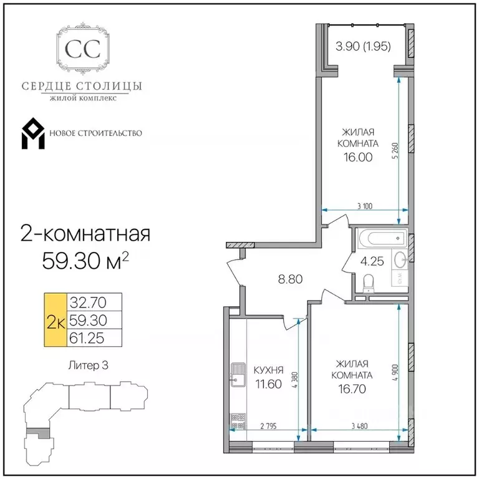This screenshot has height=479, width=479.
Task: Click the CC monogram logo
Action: coord(83,48)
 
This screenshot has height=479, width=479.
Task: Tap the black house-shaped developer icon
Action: coord(33,133)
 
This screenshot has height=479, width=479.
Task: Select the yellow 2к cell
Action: coord(56,320)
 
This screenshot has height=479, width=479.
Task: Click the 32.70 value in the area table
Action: coord(88,302)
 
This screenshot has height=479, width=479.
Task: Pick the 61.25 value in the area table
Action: coord(87,338)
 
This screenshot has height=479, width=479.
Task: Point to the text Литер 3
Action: coord(89,365)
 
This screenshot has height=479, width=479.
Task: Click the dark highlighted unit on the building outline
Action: coord(38,432)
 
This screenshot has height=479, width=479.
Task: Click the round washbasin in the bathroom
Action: coord(400,260)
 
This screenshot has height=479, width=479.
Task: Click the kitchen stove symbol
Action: coord(238,421)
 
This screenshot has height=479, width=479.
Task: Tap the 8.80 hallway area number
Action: coord(290,279)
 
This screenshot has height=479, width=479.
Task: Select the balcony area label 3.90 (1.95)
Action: coord(363,46)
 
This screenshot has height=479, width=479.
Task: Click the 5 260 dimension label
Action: coord(395,150)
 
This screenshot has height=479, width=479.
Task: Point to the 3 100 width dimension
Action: coord(365,206)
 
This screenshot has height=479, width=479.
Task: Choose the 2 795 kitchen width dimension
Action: coord(269,426)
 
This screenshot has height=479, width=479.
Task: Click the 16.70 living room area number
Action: coord(352,389)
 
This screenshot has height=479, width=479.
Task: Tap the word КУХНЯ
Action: coord(269,370)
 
